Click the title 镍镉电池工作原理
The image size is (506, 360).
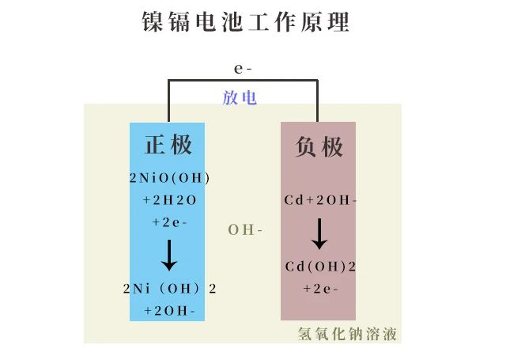click(246, 21)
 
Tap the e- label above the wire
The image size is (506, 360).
click(243, 69)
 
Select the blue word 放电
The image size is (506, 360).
click(240, 97)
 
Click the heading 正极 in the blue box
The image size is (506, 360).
click(168, 144)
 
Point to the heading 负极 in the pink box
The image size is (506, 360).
click(319, 147)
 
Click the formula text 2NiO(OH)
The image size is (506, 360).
click(169, 178)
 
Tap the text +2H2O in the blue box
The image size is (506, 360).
click(169, 200)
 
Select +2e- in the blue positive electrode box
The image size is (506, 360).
click(169, 222)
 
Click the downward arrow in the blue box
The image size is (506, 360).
click(169, 255)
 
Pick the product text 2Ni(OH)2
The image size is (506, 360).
click(169, 289)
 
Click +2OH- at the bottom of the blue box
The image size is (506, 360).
click(169, 311)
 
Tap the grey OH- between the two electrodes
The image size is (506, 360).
click(245, 230)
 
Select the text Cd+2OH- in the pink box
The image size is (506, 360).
click(320, 200)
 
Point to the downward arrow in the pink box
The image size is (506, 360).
click(319, 233)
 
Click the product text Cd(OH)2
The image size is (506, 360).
click(320, 267)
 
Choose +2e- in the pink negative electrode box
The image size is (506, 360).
click(320, 289)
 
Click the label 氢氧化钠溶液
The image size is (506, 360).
click(347, 334)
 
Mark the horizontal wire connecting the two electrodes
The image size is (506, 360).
click(243, 80)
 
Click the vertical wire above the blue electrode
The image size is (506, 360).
click(168, 100)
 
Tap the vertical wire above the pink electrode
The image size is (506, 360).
click(318, 100)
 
